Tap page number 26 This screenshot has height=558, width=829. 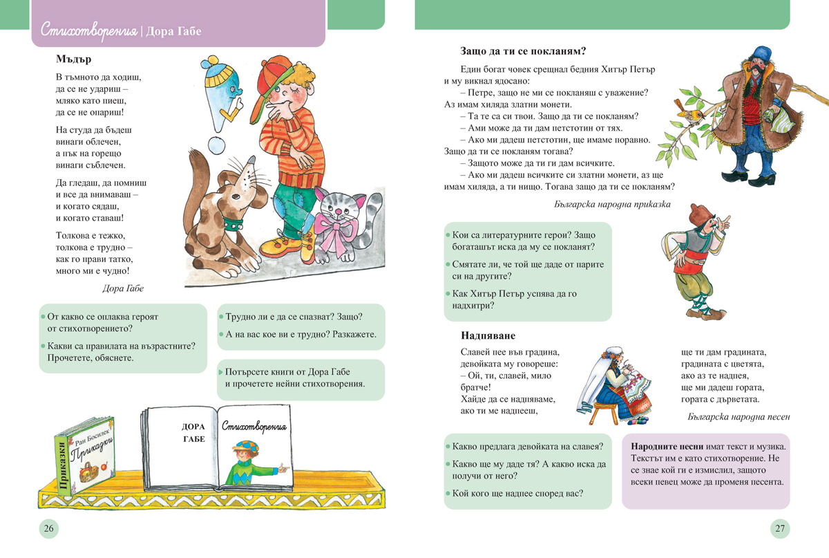48,529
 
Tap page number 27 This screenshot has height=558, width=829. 780,529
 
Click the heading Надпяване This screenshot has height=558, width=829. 488,335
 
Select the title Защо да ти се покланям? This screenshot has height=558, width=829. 523,50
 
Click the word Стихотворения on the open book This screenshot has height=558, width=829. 255,427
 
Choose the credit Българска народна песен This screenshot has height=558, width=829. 739,416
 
